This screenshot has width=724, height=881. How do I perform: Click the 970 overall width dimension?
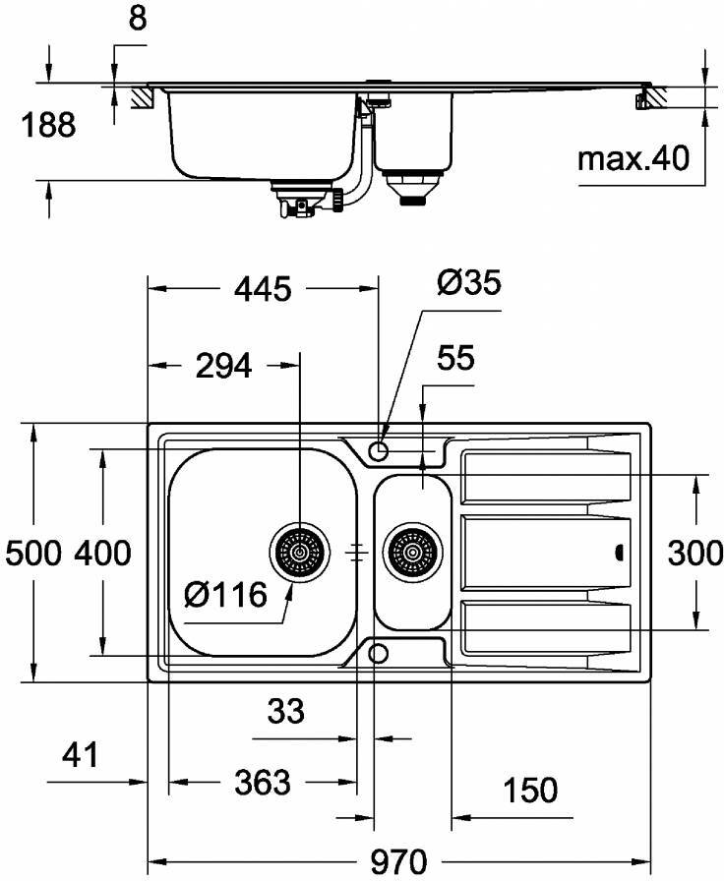click(x=398, y=861)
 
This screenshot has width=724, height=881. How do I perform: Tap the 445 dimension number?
click(x=263, y=289)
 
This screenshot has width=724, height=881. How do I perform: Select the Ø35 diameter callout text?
click(x=468, y=283)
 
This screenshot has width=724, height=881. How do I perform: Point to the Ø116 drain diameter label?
click(x=225, y=594)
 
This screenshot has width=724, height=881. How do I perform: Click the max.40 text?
click(x=633, y=157)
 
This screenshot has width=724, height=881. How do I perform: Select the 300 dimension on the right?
click(x=695, y=554)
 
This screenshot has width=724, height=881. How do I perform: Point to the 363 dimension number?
click(x=263, y=783)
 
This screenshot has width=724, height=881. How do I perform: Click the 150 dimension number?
click(x=529, y=790)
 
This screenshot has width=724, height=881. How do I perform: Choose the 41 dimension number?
click(x=81, y=755)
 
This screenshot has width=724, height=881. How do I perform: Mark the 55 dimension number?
click(x=455, y=359)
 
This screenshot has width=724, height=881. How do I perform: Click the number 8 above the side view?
click(x=137, y=21)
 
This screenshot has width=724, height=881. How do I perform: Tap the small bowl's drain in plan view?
click(x=411, y=553)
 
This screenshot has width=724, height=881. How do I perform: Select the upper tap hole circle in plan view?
click(x=378, y=451)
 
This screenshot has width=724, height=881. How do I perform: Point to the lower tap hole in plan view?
click(x=378, y=654)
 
